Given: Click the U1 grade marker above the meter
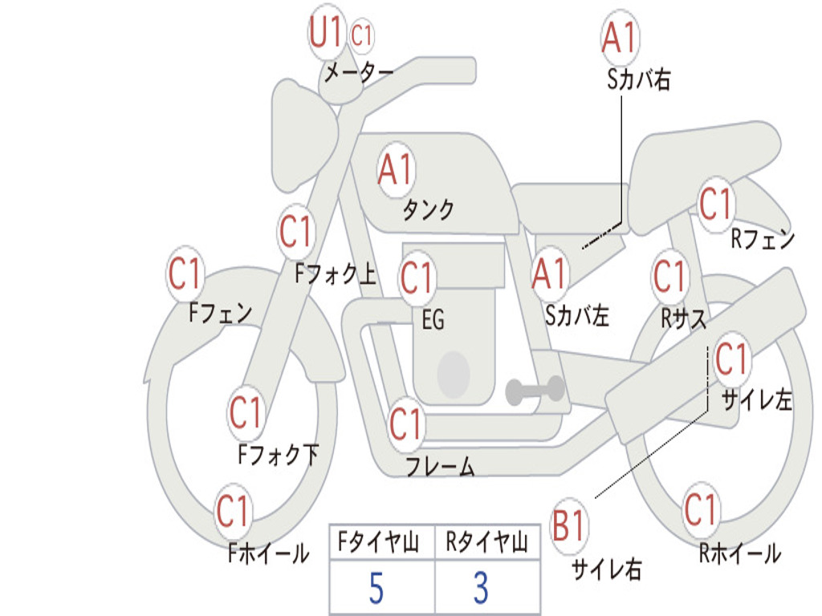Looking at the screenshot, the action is [326, 31].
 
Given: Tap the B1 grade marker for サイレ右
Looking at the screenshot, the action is [569, 525].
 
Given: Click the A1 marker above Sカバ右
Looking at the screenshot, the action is [620, 37].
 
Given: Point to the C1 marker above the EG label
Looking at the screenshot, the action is [417, 277].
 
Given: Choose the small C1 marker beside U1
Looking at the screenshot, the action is [361, 35].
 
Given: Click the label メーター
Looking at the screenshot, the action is [359, 72].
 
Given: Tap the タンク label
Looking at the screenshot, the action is [429, 209].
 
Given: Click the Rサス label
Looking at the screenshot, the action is [683, 318].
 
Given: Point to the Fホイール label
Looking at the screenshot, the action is [268, 553].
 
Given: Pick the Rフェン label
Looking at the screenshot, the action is [763, 239].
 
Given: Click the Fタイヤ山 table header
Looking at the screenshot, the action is [379, 541].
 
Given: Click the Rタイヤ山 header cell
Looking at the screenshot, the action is [486, 541].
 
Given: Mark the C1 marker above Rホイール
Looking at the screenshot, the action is [700, 509].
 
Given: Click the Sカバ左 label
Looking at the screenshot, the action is [577, 315].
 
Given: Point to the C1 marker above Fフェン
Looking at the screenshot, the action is [185, 273].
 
